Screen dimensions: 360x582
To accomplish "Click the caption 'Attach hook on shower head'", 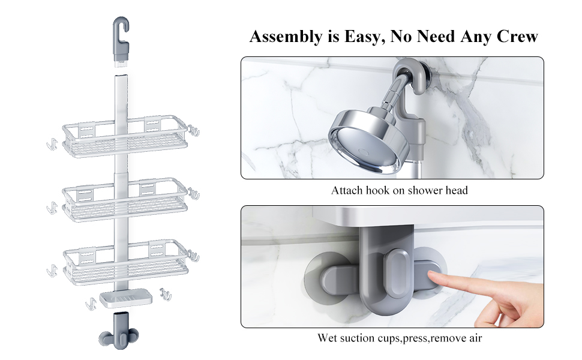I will [x=399, y=191].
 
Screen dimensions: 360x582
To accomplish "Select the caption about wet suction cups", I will [x=399, y=338].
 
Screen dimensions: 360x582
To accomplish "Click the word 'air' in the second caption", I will [x=474, y=338].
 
